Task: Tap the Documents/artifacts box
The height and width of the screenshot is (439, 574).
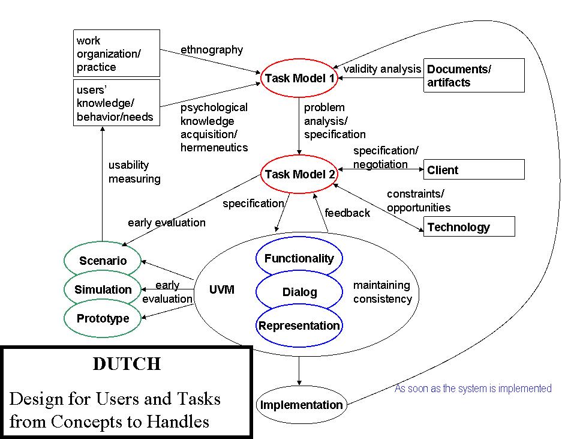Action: (474, 76)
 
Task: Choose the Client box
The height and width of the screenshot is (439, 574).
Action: (474, 170)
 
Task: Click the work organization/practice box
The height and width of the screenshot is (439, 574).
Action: (116, 54)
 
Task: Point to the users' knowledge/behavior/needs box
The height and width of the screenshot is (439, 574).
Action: (116, 103)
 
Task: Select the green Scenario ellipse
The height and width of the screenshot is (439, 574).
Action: (103, 261)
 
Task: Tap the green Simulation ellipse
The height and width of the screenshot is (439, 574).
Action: (103, 289)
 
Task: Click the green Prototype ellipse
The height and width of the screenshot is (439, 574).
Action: (103, 319)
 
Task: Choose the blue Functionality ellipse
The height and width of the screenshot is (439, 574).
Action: (299, 259)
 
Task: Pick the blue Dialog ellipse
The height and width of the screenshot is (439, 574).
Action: (299, 292)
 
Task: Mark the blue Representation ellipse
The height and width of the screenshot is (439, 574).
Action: (299, 326)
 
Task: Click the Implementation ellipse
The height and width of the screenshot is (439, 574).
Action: (301, 405)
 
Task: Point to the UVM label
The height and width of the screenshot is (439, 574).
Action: (221, 290)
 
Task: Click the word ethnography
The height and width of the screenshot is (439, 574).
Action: (212, 50)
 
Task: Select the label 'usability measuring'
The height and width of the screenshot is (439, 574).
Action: (134, 172)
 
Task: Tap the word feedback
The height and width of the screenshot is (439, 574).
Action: (347, 213)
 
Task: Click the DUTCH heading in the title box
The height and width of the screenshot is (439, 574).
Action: (127, 364)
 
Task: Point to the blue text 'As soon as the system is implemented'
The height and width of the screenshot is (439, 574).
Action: (473, 389)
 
